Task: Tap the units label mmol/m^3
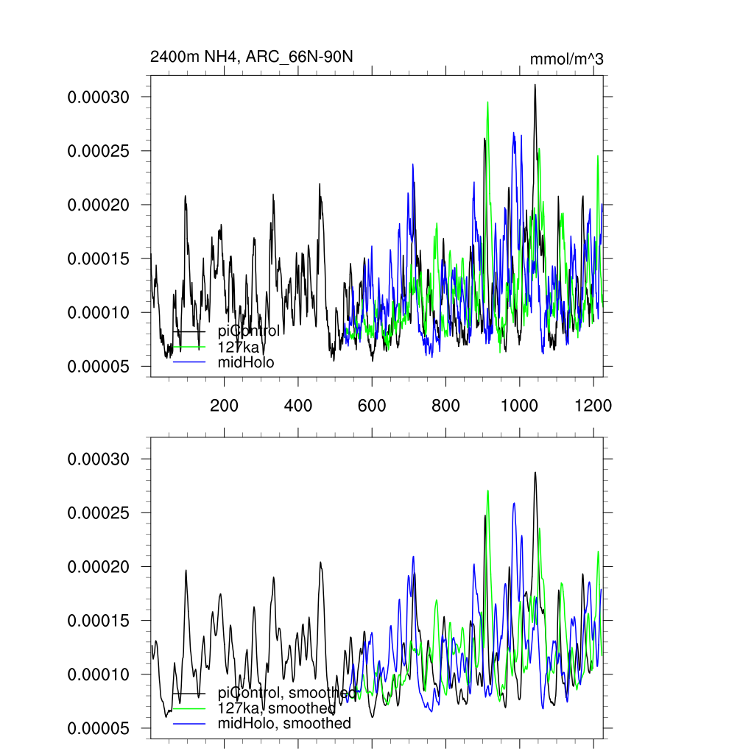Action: [x=566, y=59]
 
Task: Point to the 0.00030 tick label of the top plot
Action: [x=99, y=97]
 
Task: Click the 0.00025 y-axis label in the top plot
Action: [x=99, y=151]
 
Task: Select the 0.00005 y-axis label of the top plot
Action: [x=99, y=366]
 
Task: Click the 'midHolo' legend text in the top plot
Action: [x=246, y=362]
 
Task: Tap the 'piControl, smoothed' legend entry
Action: [x=287, y=693]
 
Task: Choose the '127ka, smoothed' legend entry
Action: [x=277, y=708]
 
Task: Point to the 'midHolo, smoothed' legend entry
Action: [x=284, y=724]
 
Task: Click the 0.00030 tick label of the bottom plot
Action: [x=99, y=459]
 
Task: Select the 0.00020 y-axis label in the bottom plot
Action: [x=99, y=567]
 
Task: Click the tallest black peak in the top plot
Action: [x=535, y=85]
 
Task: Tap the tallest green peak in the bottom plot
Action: [x=487, y=490]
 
